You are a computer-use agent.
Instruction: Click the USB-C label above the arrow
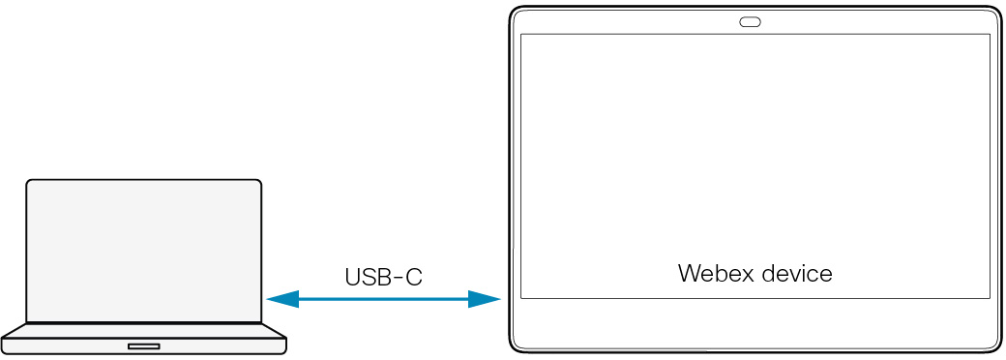[x=383, y=278]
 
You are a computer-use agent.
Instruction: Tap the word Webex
[x=711, y=273]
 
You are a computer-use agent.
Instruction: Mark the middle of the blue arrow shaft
[x=383, y=300]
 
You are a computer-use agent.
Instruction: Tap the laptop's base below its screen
[x=144, y=338]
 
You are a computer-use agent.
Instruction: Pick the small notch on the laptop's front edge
[x=144, y=345]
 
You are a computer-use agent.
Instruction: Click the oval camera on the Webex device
[x=751, y=22]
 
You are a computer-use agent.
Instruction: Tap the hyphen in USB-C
[x=397, y=279]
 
